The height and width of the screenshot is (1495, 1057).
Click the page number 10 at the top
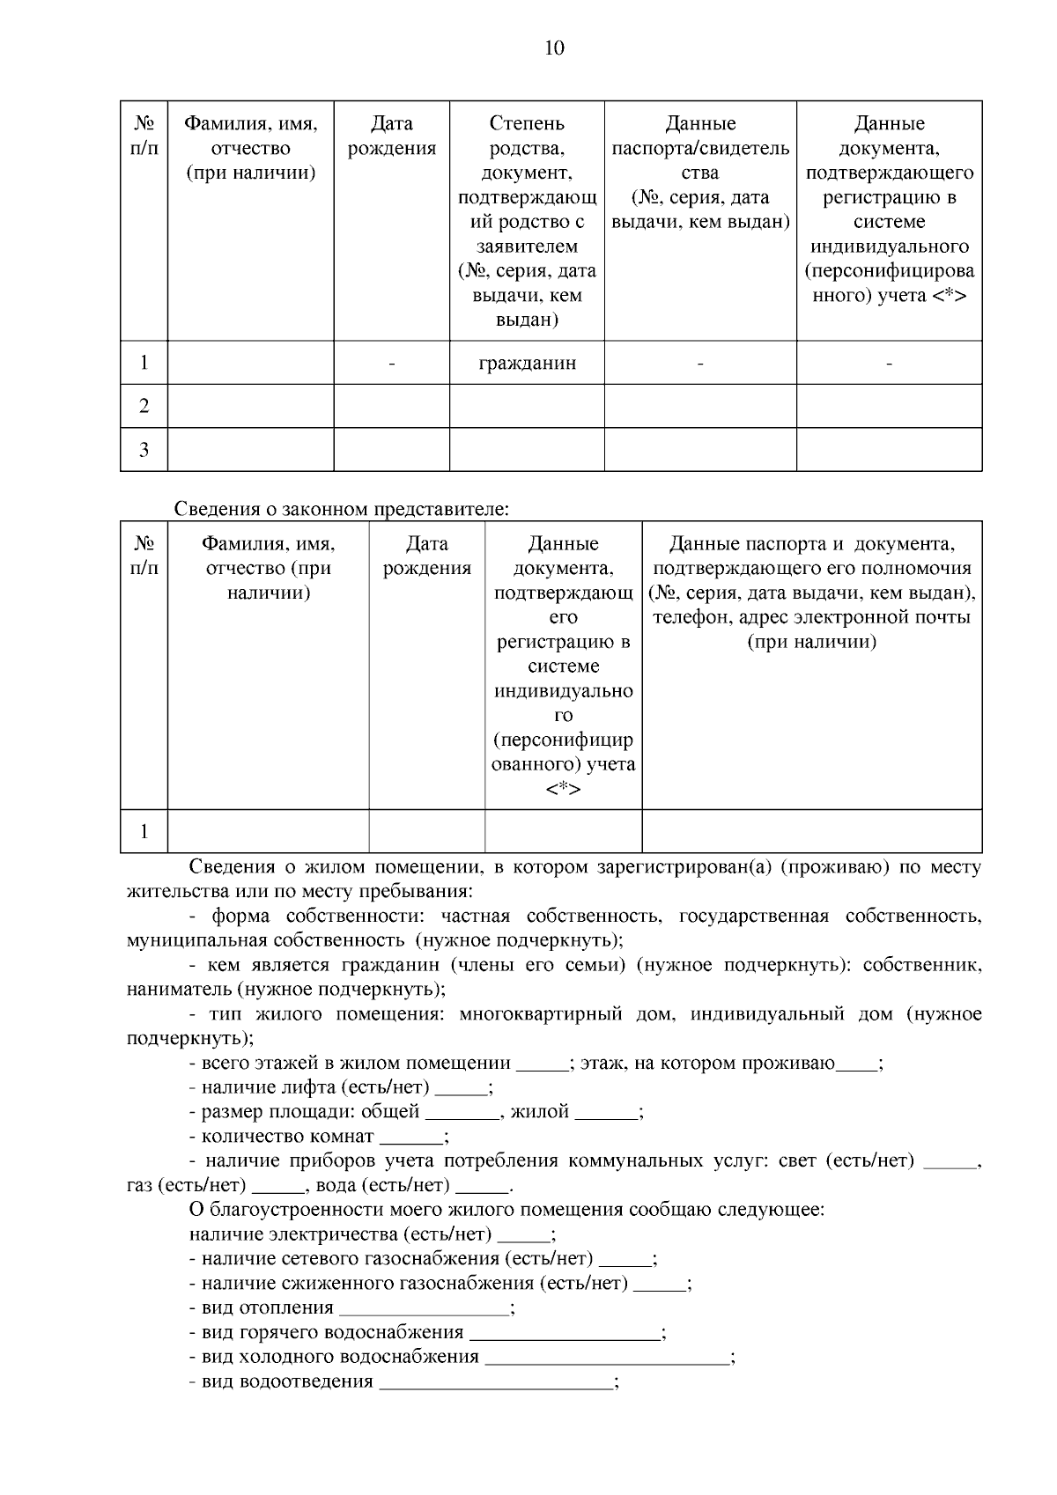(x=555, y=48)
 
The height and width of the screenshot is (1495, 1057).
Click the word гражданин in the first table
(x=527, y=363)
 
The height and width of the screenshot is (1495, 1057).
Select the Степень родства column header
(x=527, y=221)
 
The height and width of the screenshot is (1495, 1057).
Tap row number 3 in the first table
(x=144, y=450)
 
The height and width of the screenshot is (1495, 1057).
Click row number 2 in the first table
(x=144, y=406)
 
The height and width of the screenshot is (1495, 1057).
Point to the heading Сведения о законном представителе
(x=342, y=509)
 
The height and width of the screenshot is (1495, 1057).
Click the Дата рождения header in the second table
(x=427, y=556)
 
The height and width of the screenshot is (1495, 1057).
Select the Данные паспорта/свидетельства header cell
(x=700, y=173)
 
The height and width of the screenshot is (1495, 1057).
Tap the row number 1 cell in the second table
(x=144, y=831)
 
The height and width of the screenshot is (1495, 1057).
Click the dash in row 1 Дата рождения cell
(x=392, y=363)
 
